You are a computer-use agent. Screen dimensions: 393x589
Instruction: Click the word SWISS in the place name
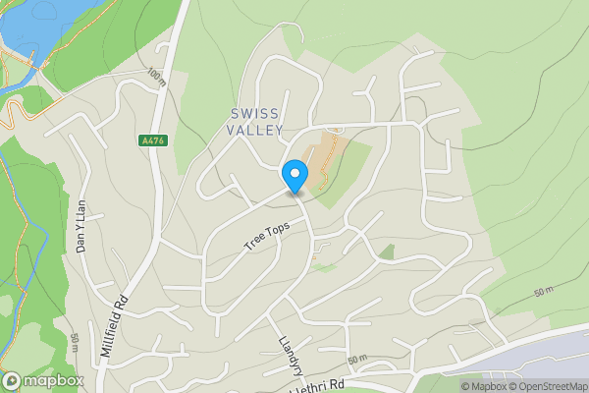coord(257,113)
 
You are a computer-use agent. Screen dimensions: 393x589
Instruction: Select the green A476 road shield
coord(153,141)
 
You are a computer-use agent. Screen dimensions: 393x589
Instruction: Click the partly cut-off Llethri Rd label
coord(319,386)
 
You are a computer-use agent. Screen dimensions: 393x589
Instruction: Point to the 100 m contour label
coord(155,77)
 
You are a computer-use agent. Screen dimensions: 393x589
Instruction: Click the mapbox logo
coord(43,380)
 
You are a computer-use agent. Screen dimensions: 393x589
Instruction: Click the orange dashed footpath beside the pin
coord(330,157)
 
